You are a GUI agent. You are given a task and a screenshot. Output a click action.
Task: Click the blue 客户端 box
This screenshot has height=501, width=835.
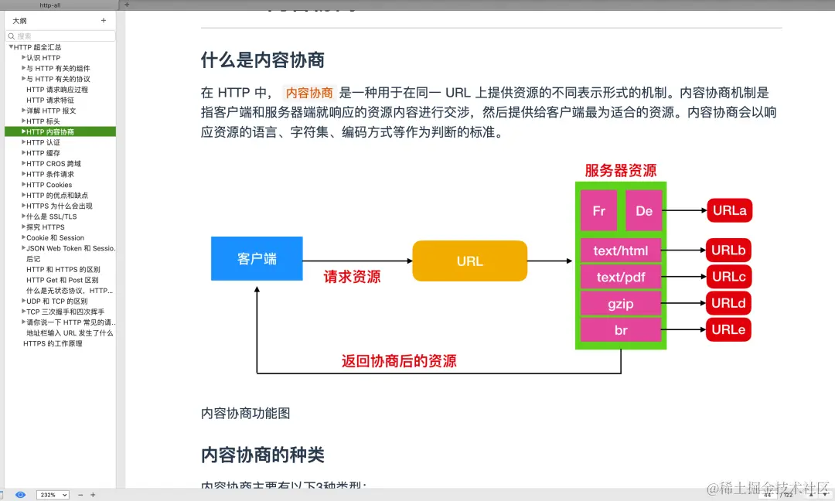pos(257,258)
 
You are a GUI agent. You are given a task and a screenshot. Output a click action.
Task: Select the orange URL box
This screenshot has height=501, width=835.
pos(469,261)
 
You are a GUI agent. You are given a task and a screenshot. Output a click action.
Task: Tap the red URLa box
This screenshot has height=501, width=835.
pos(728,210)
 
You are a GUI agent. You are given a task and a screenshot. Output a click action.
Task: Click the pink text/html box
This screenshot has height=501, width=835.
pos(621,250)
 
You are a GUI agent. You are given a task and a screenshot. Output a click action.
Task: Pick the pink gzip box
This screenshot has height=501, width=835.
pos(621,303)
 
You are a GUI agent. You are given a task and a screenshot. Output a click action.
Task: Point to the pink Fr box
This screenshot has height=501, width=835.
pos(598,210)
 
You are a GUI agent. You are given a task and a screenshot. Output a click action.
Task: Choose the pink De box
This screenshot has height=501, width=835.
pos(644,210)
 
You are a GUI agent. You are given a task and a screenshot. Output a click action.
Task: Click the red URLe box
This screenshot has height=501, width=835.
pos(728,329)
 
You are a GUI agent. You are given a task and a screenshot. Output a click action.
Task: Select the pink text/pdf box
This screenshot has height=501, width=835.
pos(621,277)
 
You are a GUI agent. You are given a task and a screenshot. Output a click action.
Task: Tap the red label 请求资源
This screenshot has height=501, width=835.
pos(352,277)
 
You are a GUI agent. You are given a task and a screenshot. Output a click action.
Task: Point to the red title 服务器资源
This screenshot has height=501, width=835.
pos(621,171)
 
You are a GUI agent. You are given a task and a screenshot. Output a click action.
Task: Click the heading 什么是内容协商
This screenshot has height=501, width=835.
pos(263,60)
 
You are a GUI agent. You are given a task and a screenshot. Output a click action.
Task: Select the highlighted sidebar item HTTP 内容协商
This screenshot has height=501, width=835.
pos(50,132)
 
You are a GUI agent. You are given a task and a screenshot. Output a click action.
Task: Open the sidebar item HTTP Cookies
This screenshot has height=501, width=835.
pos(49,185)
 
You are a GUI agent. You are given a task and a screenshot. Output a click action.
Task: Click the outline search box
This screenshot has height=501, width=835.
pos(62,36)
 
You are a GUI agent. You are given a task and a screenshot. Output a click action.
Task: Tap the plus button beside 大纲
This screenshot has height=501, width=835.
pos(104,21)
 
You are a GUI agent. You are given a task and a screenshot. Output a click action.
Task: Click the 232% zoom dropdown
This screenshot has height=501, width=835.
pos(53,495)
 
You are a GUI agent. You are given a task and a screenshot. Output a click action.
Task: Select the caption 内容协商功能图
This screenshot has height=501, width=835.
pos(246,414)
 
